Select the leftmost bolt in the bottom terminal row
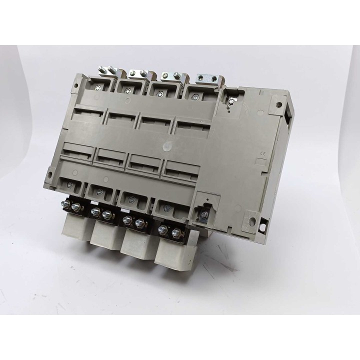coord(64,205)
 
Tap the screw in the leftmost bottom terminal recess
coord(68,183)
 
